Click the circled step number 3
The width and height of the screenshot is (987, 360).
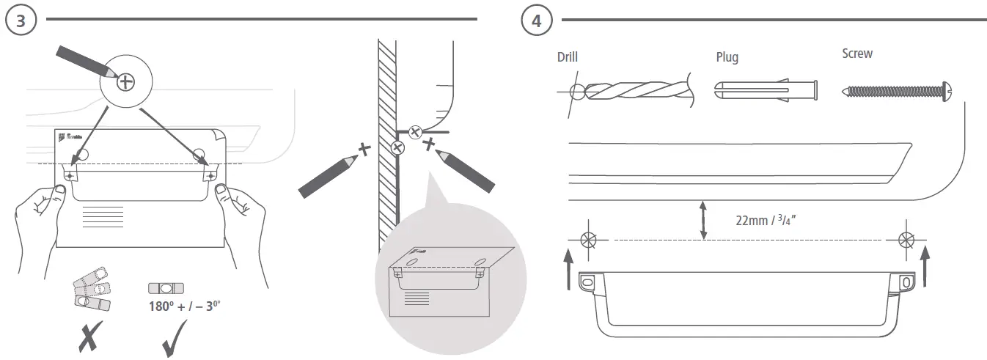pyautogui.click(x=21, y=20)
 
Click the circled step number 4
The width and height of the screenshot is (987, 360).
pyautogui.click(x=537, y=20)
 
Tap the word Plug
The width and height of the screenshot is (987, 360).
pyautogui.click(x=727, y=57)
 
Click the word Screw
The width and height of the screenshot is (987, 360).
pyautogui.click(x=857, y=54)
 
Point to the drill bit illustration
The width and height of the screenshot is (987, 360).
pyautogui.click(x=631, y=91)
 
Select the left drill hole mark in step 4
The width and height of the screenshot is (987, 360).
pyautogui.click(x=587, y=239)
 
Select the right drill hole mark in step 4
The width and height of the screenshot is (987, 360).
pyautogui.click(x=906, y=239)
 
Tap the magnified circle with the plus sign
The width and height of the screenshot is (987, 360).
pyautogui.click(x=126, y=81)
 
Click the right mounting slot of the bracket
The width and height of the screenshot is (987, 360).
pyautogui.click(x=906, y=282)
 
